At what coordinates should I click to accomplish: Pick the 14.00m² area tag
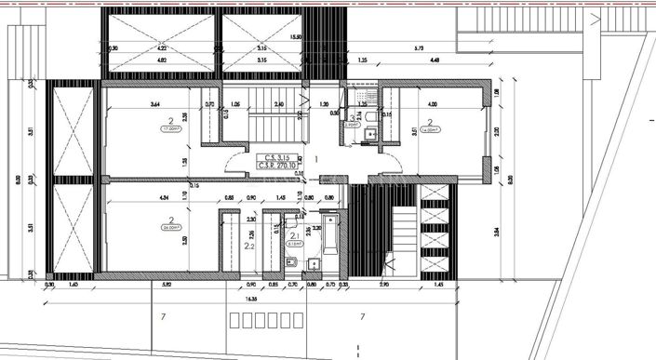point(430,132)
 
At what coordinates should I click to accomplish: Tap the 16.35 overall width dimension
point(252,300)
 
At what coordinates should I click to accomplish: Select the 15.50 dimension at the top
point(297,37)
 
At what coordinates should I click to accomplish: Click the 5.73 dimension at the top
point(419,47)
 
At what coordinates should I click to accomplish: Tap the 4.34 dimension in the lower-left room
point(138,197)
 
